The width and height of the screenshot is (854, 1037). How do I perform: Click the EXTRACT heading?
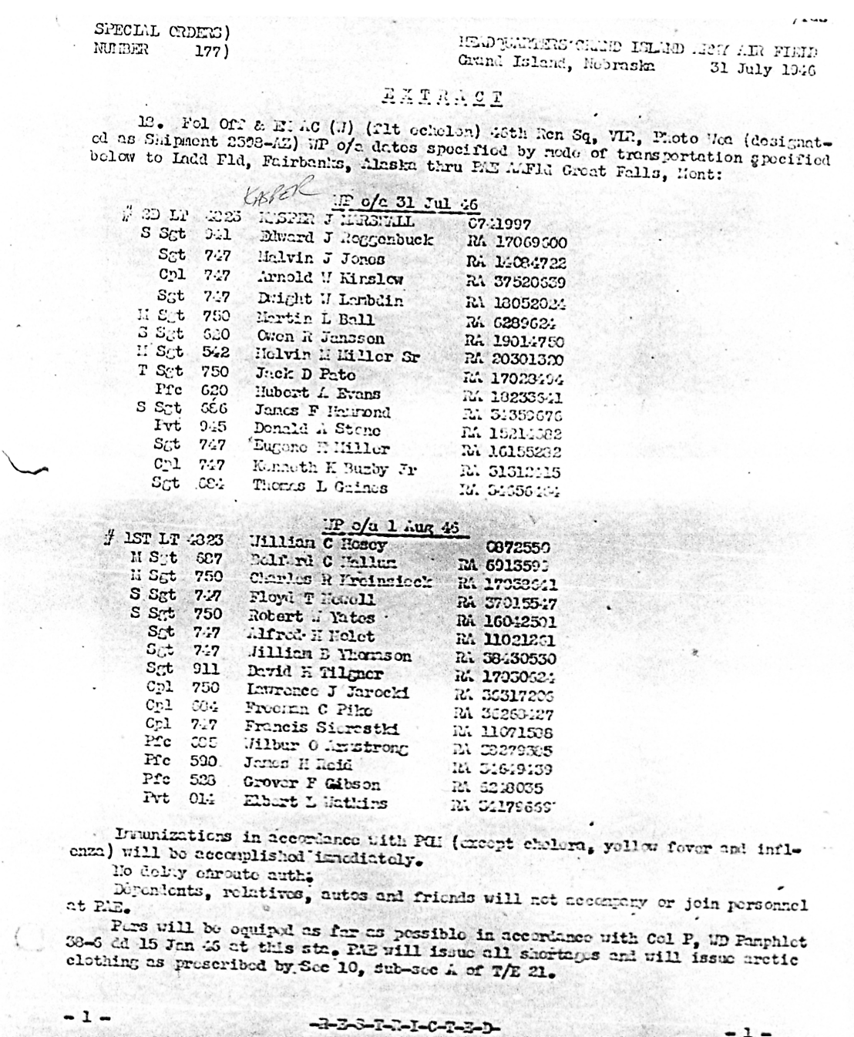coord(442,98)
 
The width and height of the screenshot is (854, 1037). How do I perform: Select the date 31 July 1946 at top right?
coord(762,69)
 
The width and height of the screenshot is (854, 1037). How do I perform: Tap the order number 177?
coord(210,50)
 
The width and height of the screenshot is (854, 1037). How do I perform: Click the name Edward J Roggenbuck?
coord(346,240)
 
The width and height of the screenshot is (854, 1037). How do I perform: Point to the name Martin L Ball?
coord(315,318)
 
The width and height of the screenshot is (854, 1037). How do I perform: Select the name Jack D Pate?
coord(305,374)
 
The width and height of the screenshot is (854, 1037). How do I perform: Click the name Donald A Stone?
coord(318,430)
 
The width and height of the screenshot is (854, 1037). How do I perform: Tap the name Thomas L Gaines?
coord(320,486)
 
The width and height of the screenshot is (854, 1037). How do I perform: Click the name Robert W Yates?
coord(311,617)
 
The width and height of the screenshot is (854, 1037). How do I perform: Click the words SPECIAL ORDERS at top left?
coord(161,32)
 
